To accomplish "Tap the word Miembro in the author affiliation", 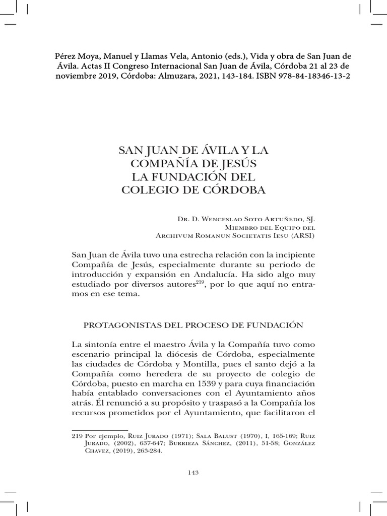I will (x=238, y=227).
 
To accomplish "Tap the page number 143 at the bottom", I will (x=193, y=472).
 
